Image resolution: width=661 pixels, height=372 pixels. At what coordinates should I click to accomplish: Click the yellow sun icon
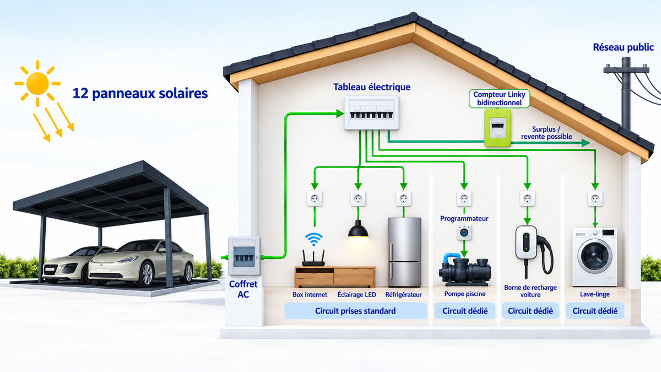pyautogui.click(x=37, y=84)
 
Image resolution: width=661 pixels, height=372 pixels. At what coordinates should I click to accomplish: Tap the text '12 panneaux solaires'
pyautogui.click(x=140, y=94)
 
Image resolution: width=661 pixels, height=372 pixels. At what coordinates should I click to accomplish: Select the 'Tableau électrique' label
pyautogui.click(x=372, y=87)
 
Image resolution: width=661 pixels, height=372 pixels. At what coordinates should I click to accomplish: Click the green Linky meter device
pyautogui.click(x=497, y=128)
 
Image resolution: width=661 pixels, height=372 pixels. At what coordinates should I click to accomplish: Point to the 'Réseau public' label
pyautogui.click(x=623, y=47)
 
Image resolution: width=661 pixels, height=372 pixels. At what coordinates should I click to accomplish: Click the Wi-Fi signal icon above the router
pyautogui.click(x=313, y=239)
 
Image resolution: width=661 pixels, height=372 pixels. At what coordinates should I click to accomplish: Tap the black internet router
pyautogui.click(x=313, y=258)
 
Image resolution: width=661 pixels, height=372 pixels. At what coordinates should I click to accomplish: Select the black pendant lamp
pyautogui.click(x=358, y=229)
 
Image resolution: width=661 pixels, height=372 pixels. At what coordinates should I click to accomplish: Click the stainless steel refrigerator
pyautogui.click(x=404, y=252)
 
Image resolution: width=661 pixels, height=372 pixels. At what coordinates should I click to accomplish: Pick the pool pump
pyautogui.click(x=465, y=269)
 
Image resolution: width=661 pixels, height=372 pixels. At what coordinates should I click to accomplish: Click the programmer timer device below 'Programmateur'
pyautogui.click(x=464, y=233)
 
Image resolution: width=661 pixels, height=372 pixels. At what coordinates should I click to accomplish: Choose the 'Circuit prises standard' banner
pyautogui.click(x=356, y=311)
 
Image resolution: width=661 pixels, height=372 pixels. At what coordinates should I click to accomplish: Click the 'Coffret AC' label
pyautogui.click(x=243, y=289)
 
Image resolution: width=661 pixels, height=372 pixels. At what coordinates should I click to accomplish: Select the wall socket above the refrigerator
pyautogui.click(x=403, y=198)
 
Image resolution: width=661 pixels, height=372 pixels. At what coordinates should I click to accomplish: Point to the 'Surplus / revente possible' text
pyautogui.click(x=546, y=133)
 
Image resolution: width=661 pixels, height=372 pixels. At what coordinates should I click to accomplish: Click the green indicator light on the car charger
pyautogui.click(x=525, y=241)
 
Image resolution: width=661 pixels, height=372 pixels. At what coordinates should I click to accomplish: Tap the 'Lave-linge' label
pyautogui.click(x=594, y=294)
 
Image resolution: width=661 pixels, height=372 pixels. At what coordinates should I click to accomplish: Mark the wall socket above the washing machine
pyautogui.click(x=595, y=198)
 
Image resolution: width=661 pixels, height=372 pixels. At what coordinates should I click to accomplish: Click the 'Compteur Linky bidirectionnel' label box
pyautogui.click(x=499, y=99)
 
